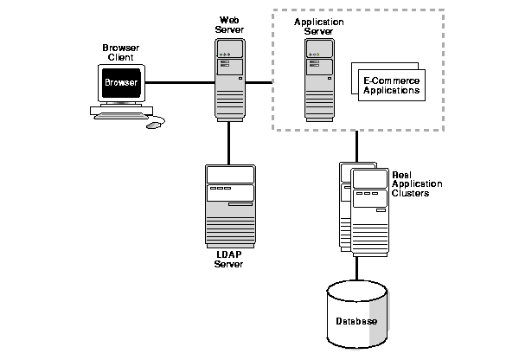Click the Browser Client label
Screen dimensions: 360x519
tap(120, 52)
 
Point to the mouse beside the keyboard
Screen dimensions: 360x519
tap(154, 125)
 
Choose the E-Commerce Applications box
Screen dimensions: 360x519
tap(390, 83)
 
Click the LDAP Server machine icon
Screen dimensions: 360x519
tap(229, 205)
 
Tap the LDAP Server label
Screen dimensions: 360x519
tap(229, 260)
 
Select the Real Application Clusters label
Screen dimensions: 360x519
tap(417, 184)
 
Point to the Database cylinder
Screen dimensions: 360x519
tap(356, 321)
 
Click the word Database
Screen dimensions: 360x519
tap(356, 322)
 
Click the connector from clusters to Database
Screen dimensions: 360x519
tap(356, 267)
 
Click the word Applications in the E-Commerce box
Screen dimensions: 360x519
tap(390, 89)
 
